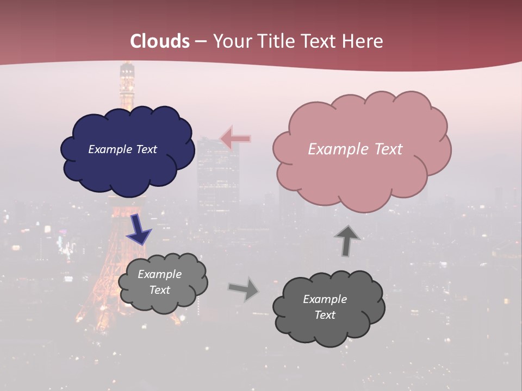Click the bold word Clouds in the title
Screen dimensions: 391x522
[x=160, y=41]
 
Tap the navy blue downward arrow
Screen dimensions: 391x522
[x=139, y=229]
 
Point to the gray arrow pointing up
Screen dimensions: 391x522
[x=347, y=240]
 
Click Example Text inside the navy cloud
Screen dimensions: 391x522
[x=122, y=149]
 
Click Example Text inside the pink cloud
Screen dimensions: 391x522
[x=355, y=149]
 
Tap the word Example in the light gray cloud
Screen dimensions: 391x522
[x=159, y=274]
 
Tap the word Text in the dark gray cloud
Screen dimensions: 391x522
[x=325, y=315]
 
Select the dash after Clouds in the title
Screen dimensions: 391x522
[x=200, y=42]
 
